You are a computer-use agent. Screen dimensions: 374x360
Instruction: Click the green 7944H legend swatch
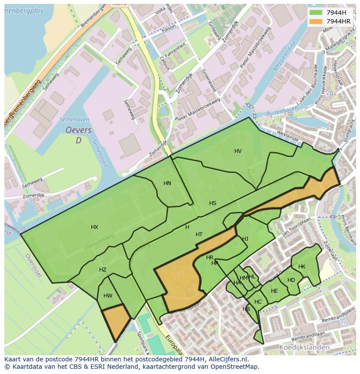pos(316,13)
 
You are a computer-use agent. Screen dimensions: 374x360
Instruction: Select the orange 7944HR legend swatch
pos(316,21)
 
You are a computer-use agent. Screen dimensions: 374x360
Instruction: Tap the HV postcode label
pos(238,151)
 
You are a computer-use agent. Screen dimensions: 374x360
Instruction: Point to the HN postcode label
pos(167,183)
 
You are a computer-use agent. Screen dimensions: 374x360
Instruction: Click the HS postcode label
pos(213,203)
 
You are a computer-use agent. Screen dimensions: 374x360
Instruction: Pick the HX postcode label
pos(94,227)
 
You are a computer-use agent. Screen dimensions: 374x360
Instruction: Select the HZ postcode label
pos(103,270)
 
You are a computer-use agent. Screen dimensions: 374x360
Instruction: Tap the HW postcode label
pos(108,296)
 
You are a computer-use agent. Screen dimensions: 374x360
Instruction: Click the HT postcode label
pos(199,235)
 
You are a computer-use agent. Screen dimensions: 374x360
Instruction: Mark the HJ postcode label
pos(245,239)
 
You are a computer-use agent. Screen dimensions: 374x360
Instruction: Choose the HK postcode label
pos(302,267)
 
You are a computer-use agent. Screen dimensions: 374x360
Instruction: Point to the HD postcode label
pos(291,280)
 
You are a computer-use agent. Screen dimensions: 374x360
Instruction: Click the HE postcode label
pos(274,291)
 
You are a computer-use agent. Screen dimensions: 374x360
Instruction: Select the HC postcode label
pos(258,302)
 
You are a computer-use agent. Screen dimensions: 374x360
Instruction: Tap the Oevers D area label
pos(78,135)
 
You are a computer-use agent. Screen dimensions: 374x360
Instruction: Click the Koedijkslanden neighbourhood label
pos(304,348)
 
